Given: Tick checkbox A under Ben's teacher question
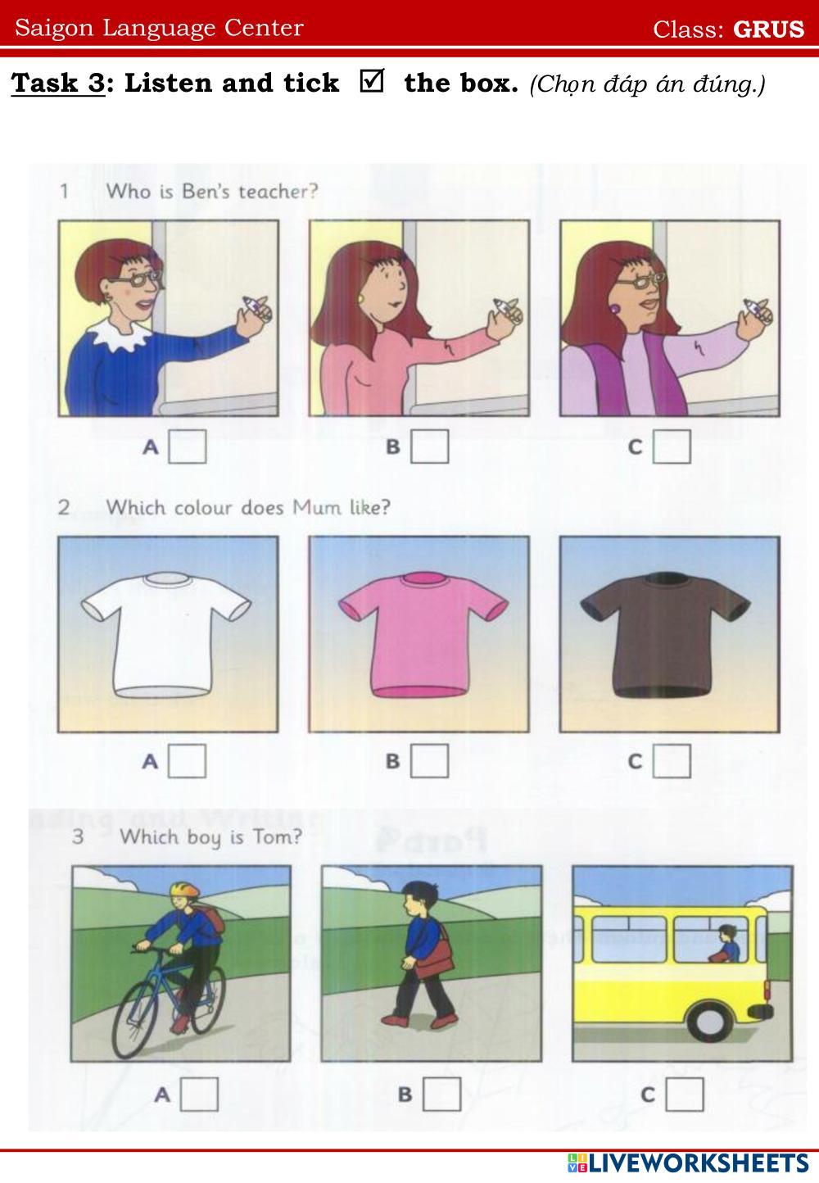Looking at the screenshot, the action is [x=187, y=446].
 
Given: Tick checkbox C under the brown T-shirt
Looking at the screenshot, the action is [x=672, y=761].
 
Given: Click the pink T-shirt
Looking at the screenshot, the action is [x=423, y=634].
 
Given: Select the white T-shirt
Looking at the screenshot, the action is [x=165, y=634].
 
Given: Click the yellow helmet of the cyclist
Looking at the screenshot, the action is [x=185, y=890].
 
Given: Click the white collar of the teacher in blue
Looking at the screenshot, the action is [x=120, y=333].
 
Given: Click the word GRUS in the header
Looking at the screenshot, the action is [x=768, y=29].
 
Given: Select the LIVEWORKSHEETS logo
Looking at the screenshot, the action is [x=688, y=1163].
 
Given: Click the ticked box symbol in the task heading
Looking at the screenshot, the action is [x=372, y=80].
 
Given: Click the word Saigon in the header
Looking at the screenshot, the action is [x=54, y=28].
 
